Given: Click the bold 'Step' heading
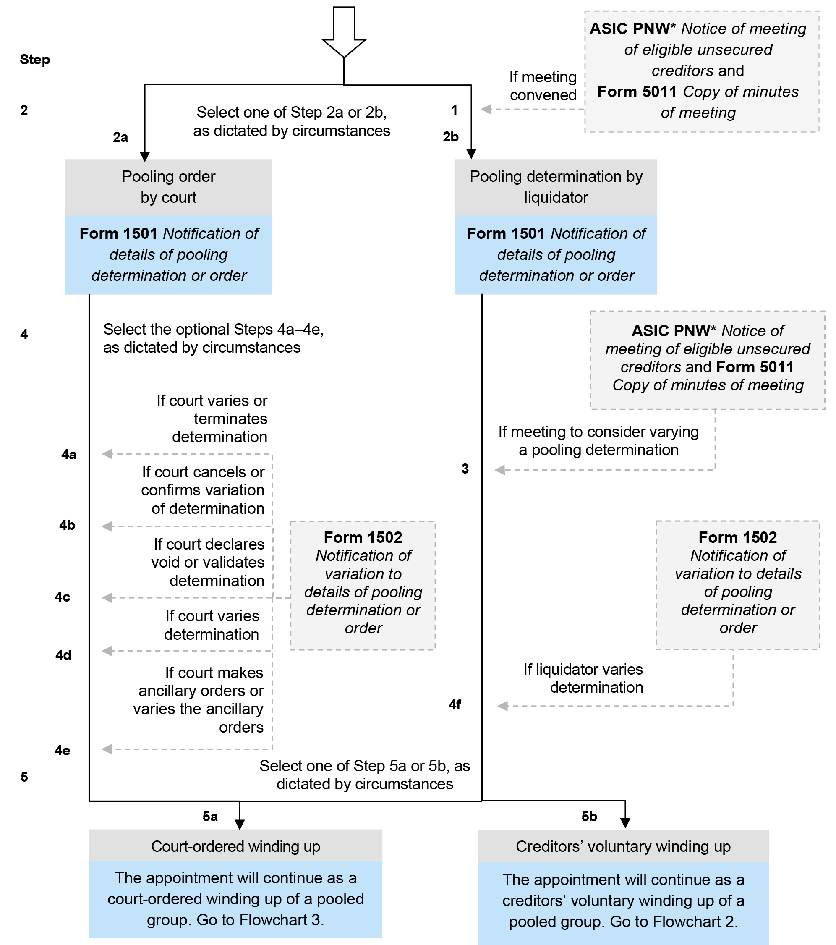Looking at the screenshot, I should click(35, 60).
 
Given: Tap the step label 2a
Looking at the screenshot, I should click(120, 137).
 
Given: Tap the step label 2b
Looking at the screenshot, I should click(451, 137).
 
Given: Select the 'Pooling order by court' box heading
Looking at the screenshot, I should click(168, 187).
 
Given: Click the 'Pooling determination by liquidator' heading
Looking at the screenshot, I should click(556, 187).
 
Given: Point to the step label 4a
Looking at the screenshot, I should click(69, 455).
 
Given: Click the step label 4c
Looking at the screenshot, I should click(63, 597).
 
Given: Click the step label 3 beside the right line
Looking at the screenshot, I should click(465, 469).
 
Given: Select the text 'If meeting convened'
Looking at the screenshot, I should click(543, 86).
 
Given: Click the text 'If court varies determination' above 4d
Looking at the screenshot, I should click(212, 625).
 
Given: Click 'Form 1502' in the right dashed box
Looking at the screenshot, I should click(737, 537).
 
